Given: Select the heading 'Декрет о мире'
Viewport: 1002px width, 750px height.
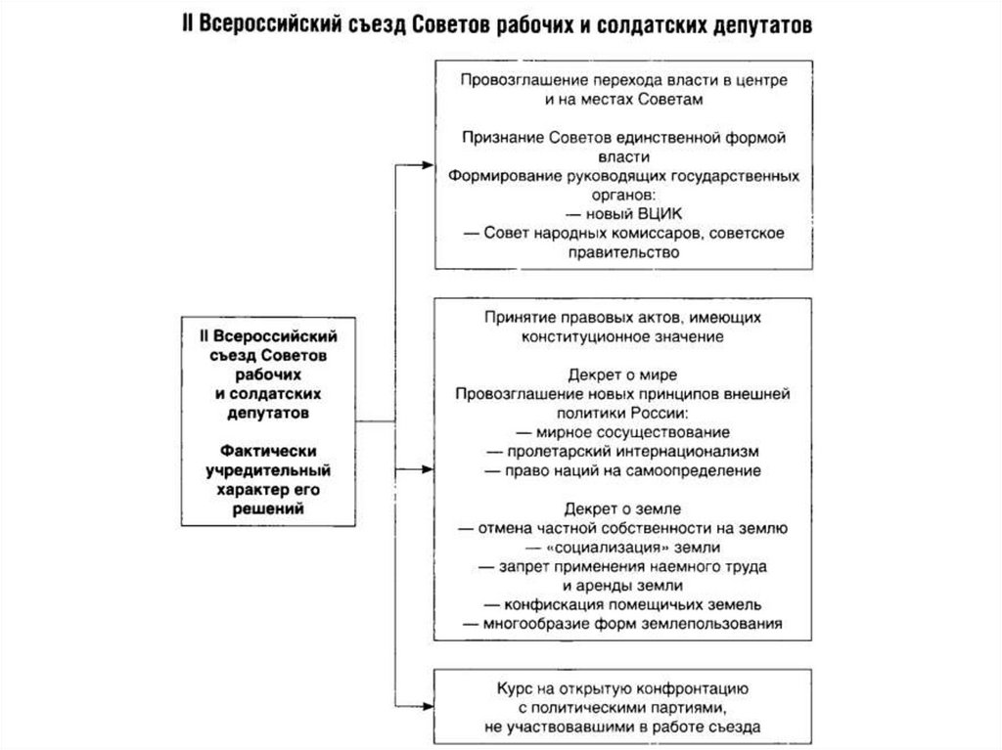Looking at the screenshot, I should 621,375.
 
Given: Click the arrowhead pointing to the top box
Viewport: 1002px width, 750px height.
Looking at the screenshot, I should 429,163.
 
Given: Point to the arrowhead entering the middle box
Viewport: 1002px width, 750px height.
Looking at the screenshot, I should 429,470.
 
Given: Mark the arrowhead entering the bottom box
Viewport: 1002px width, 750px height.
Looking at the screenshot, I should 429,701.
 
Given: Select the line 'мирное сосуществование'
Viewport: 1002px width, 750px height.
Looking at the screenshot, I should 621,432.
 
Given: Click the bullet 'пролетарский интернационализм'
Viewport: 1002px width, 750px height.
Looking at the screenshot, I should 621,452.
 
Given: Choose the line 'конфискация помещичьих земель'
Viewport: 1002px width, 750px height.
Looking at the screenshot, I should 621,604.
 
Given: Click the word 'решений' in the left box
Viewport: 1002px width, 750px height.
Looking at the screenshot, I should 261,508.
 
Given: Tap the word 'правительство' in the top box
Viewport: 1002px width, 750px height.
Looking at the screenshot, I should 622,252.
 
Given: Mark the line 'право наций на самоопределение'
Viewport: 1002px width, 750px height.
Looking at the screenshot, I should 621,470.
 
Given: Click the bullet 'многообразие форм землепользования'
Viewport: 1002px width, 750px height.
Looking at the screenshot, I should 621,623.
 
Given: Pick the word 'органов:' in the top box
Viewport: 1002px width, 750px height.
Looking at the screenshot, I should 622,195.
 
